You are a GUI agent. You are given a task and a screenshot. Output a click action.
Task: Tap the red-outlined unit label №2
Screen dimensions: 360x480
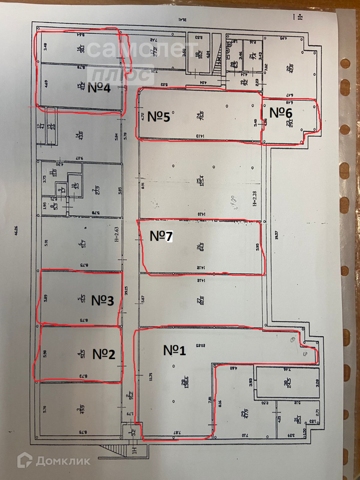pos(104,354)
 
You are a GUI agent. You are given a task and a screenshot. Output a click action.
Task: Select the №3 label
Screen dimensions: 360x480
pos(103,301)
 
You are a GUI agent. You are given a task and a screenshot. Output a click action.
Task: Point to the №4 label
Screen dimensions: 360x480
pos(99,88)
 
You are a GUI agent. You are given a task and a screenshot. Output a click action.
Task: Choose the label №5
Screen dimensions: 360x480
pos(159,117)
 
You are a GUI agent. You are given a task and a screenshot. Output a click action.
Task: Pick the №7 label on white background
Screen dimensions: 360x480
pos(161,236)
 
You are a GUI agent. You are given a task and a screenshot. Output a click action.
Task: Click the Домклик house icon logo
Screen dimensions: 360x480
pos(24,460)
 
